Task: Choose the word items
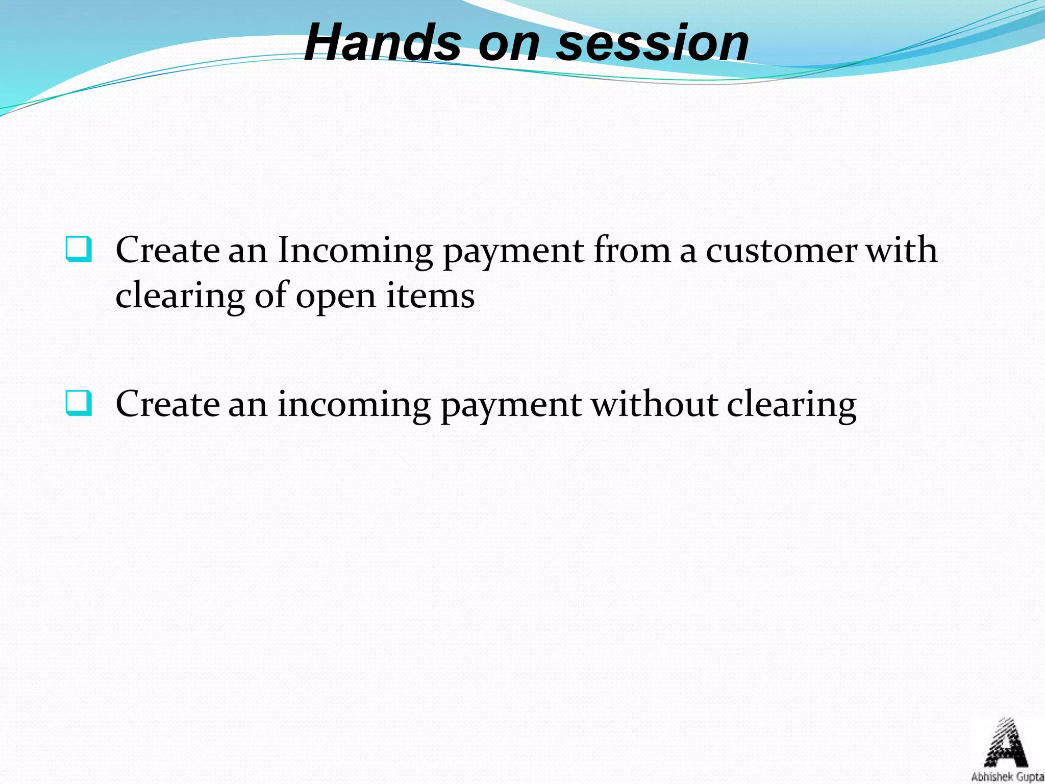[x=430, y=296]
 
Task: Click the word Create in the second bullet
[x=167, y=404]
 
